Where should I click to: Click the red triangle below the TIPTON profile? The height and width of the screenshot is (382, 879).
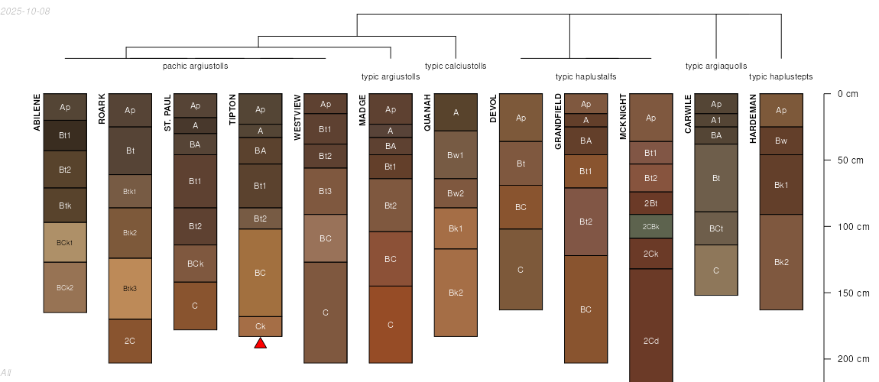tap(260, 343)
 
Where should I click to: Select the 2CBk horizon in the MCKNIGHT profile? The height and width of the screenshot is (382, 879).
tap(650, 226)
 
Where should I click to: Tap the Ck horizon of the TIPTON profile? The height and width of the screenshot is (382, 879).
tap(260, 326)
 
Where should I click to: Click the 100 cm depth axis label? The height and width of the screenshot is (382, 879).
tap(854, 227)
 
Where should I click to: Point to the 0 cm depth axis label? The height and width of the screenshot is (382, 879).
tap(848, 94)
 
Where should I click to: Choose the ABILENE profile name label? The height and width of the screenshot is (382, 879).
tap(37, 112)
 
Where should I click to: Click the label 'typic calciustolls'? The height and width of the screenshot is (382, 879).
tap(456, 66)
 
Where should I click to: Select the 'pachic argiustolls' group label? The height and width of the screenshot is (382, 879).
tap(195, 66)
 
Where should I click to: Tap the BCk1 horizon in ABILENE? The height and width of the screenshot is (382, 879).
tap(65, 242)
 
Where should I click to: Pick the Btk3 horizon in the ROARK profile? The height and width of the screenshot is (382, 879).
tap(130, 289)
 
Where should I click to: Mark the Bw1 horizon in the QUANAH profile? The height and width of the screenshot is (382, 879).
tap(456, 155)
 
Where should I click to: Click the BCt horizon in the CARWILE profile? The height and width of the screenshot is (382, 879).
tap(716, 228)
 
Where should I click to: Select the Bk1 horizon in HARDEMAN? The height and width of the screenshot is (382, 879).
tap(781, 185)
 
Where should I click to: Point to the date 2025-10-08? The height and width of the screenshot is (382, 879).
tap(25, 11)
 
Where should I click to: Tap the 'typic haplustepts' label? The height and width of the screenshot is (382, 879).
tap(781, 76)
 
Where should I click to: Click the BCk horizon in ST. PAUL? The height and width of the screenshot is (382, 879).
tap(195, 264)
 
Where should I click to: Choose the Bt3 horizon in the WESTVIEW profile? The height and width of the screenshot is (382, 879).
tap(325, 192)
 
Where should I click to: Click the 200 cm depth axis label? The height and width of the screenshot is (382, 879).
tap(854, 359)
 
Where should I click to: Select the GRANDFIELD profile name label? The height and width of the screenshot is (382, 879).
tap(558, 121)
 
